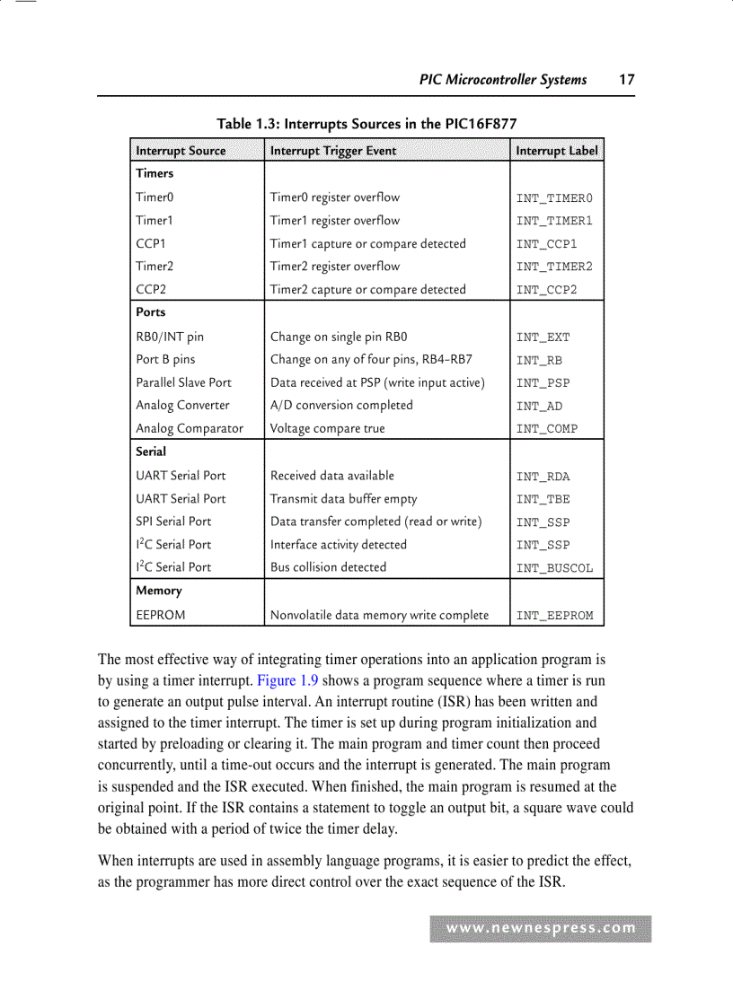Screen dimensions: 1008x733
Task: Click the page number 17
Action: tap(626, 80)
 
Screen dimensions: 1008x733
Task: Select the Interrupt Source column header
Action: tap(181, 151)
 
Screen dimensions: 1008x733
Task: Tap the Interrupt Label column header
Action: tap(556, 151)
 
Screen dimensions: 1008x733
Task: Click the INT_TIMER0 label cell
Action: tap(554, 198)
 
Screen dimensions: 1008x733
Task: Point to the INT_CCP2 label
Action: tap(546, 290)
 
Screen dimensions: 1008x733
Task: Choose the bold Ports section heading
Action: tap(151, 312)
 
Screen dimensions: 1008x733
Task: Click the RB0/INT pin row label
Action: tap(170, 337)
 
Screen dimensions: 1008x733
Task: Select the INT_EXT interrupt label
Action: tap(543, 337)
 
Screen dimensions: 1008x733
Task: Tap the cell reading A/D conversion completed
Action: tap(341, 405)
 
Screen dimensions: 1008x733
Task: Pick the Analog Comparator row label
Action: tap(190, 428)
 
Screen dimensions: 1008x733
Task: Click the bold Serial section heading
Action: tap(151, 451)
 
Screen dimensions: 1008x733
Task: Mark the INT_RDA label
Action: tap(543, 477)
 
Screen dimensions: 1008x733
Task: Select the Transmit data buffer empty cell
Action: tap(343, 498)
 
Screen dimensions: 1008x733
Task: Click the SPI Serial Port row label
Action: tap(173, 521)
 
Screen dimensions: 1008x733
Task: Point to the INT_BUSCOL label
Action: tap(554, 568)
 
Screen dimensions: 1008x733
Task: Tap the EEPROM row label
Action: tap(161, 615)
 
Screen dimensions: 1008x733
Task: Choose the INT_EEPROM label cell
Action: tap(554, 616)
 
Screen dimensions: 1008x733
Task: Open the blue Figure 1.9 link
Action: tap(287, 680)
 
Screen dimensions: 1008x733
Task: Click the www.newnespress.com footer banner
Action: tap(541, 928)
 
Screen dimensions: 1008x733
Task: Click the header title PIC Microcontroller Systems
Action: tap(503, 80)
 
